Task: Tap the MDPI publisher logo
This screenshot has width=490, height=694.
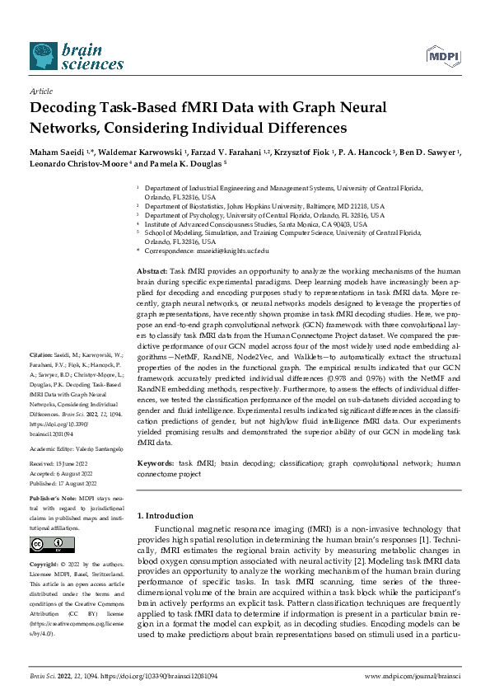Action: [x=441, y=55]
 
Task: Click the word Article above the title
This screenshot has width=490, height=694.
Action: [x=40, y=93]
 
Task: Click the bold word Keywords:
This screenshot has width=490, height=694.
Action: [x=156, y=464]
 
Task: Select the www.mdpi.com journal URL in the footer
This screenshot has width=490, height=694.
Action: [x=411, y=675]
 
